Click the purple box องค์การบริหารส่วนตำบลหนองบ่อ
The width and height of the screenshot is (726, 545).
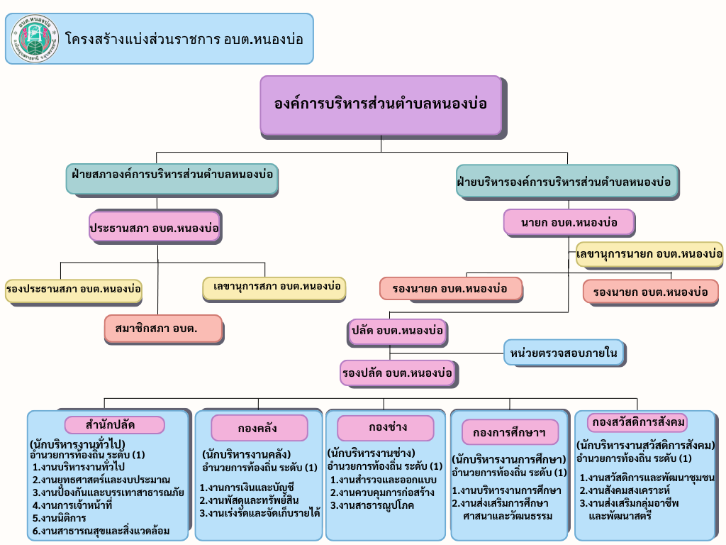[x=381, y=104]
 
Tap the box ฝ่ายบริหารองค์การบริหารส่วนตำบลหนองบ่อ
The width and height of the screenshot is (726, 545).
[x=564, y=182]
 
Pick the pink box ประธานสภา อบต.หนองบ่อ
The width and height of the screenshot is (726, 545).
[x=154, y=229]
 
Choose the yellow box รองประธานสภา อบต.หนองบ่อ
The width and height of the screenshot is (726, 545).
[x=73, y=290]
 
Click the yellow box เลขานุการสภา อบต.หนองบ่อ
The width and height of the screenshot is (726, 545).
[x=274, y=287]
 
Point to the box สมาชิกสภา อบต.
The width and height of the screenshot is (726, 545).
[x=162, y=328]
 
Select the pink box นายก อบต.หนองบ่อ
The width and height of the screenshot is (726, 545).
[x=569, y=223]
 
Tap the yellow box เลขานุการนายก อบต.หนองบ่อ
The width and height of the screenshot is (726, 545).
[x=649, y=253]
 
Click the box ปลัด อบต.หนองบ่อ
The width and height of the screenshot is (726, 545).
[x=397, y=331]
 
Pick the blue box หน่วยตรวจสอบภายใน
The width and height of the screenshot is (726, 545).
[x=565, y=351]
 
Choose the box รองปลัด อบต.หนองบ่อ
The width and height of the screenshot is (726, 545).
[x=397, y=372]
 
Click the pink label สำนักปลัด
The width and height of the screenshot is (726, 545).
[x=114, y=425]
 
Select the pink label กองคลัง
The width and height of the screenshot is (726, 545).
[x=259, y=428]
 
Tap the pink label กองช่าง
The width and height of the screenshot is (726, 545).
[x=385, y=428]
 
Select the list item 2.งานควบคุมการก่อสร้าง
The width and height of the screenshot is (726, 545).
[x=382, y=492]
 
